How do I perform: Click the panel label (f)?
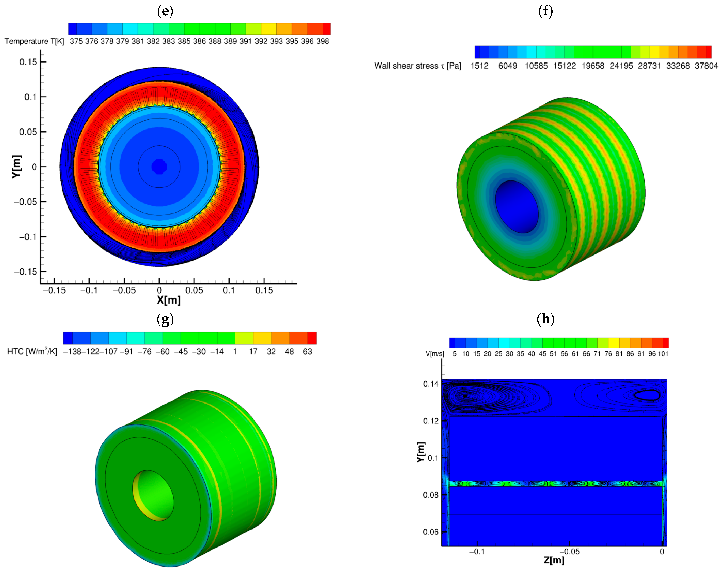coord(545,11)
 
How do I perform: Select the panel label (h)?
coord(545,319)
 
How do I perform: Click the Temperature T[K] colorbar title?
coord(34,41)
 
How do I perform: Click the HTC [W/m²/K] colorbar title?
coord(32,351)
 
